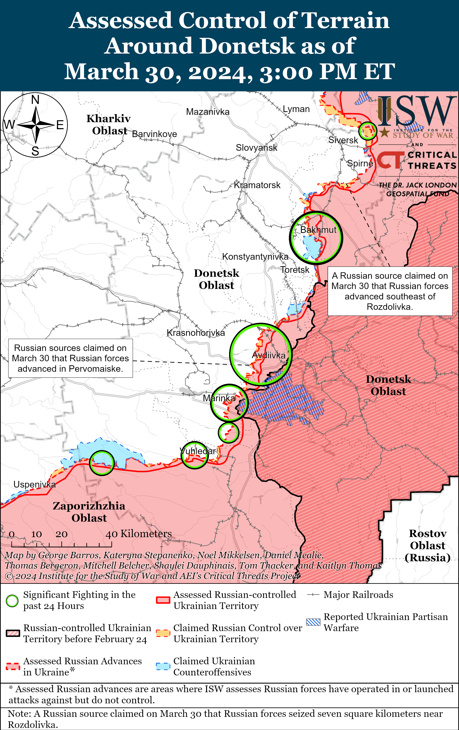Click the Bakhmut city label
318,230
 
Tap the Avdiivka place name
269,355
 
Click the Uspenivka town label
35,485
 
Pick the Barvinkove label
154,134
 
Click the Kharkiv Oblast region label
109,125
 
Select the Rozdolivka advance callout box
390,291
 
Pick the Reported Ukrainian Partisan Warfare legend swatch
313,622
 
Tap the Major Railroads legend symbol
313,595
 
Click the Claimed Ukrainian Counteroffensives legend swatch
163,666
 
